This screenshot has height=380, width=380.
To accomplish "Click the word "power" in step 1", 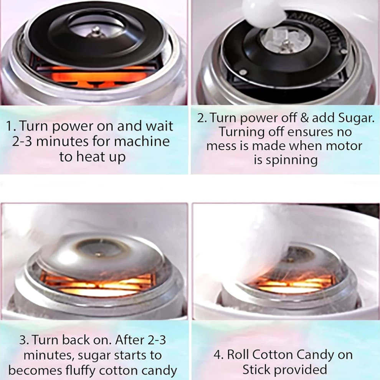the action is (x=73, y=127).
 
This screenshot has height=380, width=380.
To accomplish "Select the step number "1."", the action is (x=11, y=126).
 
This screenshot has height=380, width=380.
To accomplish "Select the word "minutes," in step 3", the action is (x=49, y=355).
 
